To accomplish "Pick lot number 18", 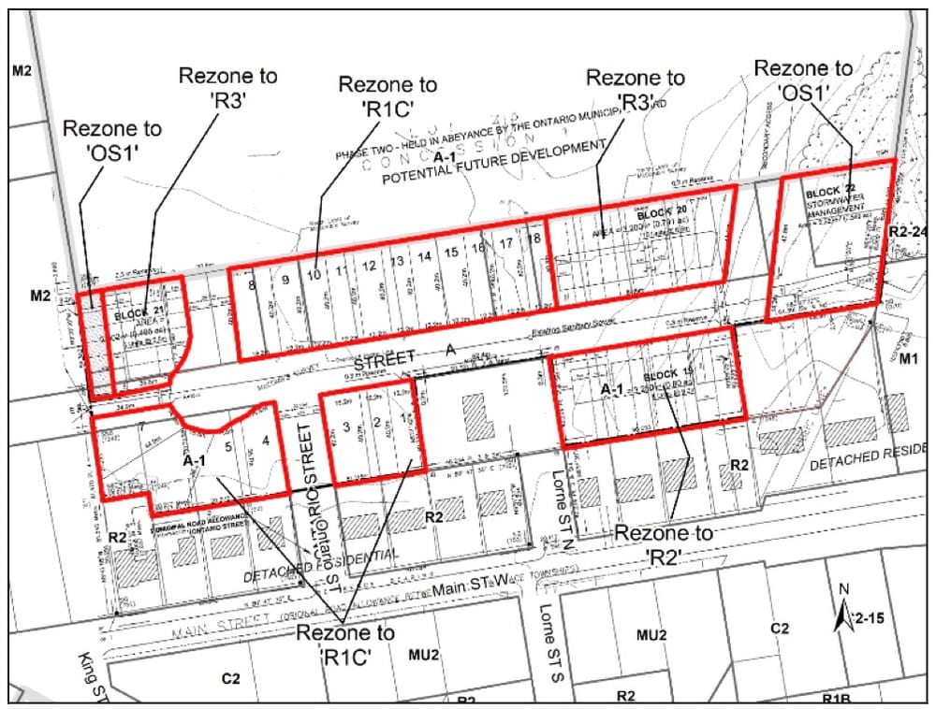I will pos(534,239).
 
